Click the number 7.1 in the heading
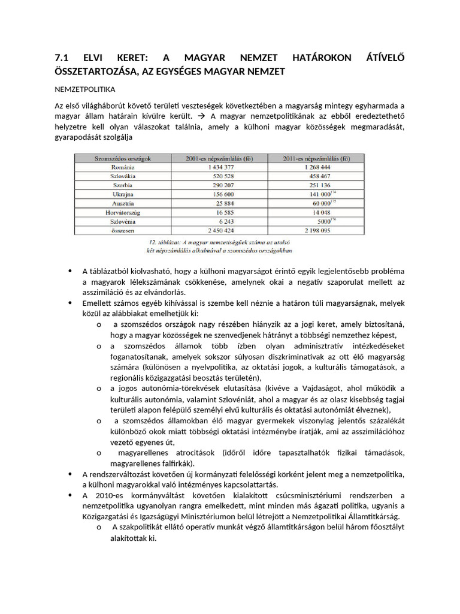pos(62,59)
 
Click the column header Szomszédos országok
pos(122,158)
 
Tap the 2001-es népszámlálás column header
pos(219,158)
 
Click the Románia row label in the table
pos(122,167)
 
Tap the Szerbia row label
pos(122,185)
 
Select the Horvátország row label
pos(122,212)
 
